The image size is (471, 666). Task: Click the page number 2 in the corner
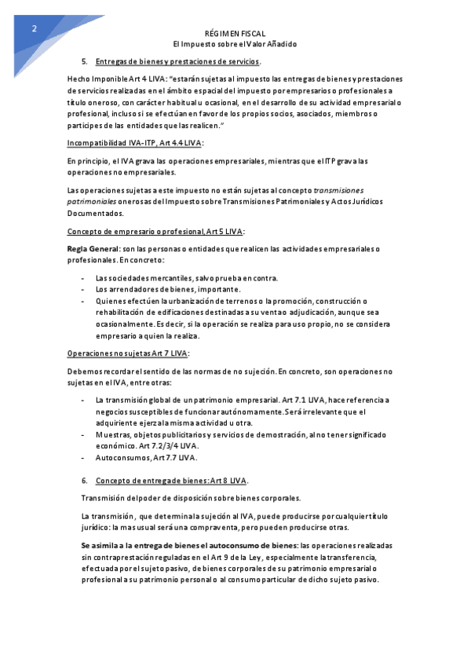[x=34, y=29]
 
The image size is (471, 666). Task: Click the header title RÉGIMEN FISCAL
[x=235, y=35]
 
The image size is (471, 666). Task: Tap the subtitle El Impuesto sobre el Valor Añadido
[x=235, y=45]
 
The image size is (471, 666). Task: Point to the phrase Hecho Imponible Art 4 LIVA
[x=116, y=80]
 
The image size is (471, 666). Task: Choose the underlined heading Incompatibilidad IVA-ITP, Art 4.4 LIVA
[x=135, y=143]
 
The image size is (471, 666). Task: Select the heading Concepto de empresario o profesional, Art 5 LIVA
[x=155, y=231]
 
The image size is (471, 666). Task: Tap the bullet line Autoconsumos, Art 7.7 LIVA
[x=147, y=457]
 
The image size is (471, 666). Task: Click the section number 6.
[x=84, y=480]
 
